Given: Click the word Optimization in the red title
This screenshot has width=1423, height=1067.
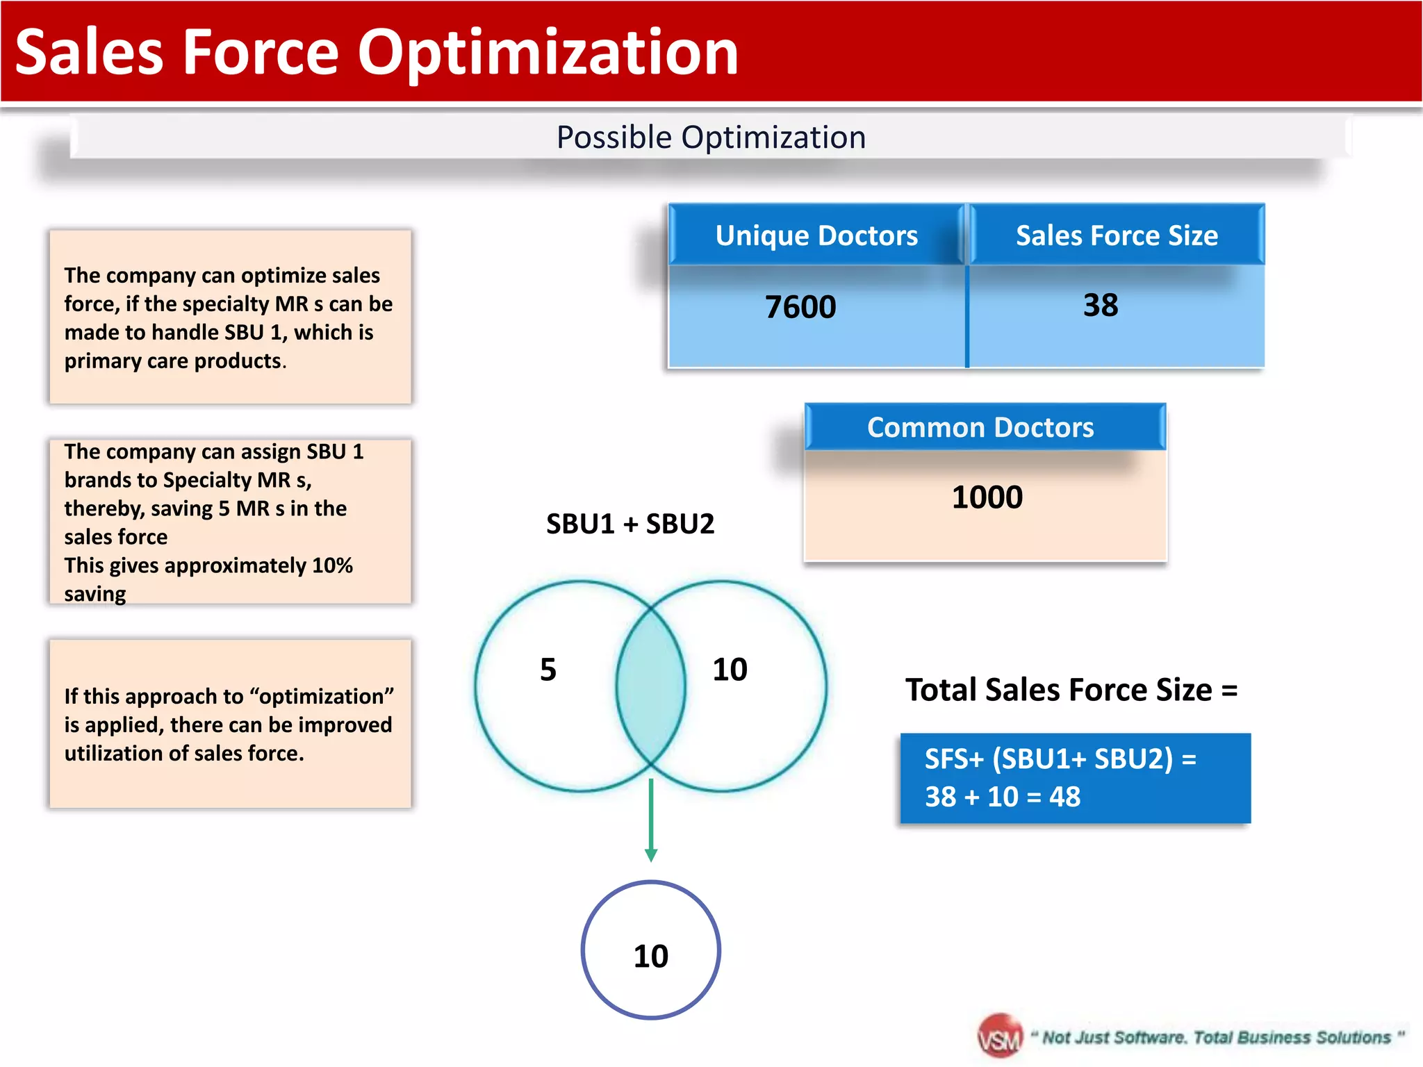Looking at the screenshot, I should tap(548, 53).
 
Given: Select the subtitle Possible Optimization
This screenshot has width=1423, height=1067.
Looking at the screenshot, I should tap(711, 137).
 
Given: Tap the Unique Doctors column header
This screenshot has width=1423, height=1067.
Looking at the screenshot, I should tap(816, 235).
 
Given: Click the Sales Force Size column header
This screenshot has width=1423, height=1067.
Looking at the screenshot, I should tap(1117, 235).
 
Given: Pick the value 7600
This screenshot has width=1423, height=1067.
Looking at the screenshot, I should tap(800, 307).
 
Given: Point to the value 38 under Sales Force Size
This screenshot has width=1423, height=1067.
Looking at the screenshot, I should tap(1101, 305).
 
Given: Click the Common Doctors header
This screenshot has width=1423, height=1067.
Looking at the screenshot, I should tap(980, 427).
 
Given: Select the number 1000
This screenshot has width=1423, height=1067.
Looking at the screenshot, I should tap(987, 497).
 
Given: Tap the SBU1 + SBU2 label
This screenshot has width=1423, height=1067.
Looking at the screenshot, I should tap(630, 524).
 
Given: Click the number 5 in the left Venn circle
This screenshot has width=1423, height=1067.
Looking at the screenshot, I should tap(548, 670).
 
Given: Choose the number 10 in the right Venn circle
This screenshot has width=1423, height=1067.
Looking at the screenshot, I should tap(730, 670).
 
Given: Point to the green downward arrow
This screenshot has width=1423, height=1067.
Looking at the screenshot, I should tap(651, 820).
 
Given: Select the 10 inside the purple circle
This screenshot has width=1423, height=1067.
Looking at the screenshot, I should tap(650, 956).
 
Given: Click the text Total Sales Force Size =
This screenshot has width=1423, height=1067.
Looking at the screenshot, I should tap(1071, 690).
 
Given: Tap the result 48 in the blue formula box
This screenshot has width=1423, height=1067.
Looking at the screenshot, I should tap(1064, 797).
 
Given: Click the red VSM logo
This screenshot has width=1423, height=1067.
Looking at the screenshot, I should tap(1000, 1037).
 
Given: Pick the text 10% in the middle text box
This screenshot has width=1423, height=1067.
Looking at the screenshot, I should tap(332, 565).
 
